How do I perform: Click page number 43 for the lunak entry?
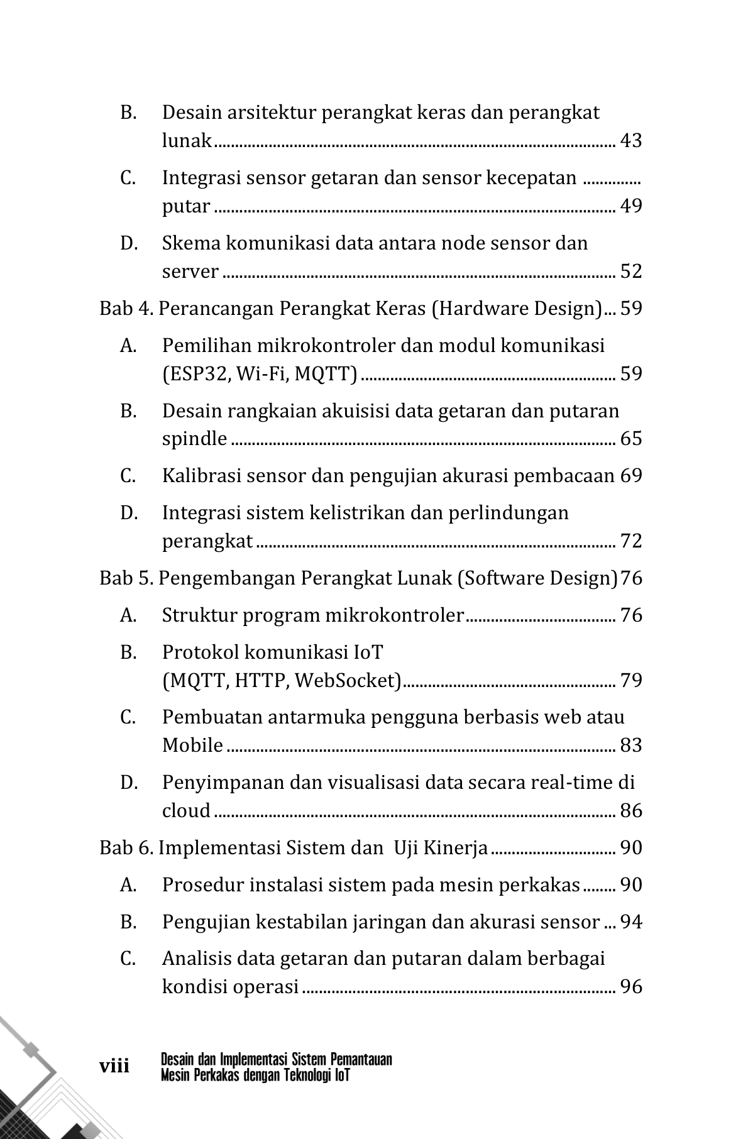630,141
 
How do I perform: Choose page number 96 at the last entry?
630,986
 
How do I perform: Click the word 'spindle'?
194,439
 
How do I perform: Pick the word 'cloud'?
186,811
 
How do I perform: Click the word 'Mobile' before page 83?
192,746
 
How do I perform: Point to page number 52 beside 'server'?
630,272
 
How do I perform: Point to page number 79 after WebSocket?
630,681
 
